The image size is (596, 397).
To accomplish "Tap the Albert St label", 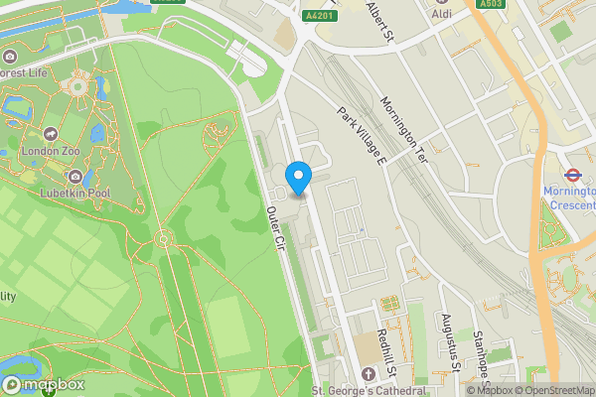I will (x=381, y=16).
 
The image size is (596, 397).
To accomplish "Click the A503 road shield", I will (x=490, y=4).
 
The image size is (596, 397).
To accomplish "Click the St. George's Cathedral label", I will (x=369, y=391).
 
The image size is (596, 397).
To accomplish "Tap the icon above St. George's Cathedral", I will (x=369, y=374).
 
